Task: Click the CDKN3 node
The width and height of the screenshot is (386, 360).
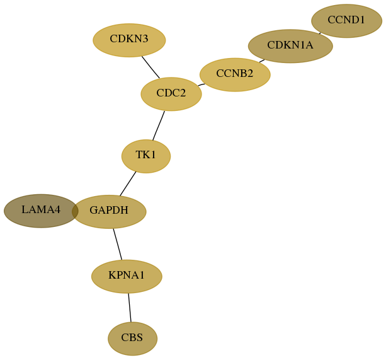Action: point(129,40)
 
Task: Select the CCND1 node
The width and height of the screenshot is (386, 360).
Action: point(346,21)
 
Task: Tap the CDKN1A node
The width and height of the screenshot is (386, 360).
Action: point(290,46)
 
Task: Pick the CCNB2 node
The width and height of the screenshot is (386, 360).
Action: point(235,74)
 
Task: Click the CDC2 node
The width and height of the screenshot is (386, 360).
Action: point(171,94)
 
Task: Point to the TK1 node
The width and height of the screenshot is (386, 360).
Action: point(146,156)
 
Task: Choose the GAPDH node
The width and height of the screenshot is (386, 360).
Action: point(109,212)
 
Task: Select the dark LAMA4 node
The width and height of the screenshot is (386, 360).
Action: point(41,211)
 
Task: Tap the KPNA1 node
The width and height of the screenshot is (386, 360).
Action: point(127,277)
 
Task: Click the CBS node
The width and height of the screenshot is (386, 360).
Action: point(132,339)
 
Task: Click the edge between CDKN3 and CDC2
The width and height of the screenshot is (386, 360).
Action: point(150,67)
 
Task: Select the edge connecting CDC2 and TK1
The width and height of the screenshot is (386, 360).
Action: point(158,125)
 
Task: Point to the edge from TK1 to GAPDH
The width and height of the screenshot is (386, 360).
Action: point(128,184)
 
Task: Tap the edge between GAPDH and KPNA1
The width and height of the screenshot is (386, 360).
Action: point(117,244)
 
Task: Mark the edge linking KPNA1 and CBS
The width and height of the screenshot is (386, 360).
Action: point(130,308)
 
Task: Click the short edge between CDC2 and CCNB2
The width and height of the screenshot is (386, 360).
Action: point(201,84)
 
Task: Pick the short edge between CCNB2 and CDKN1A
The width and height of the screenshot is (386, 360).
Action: point(262,61)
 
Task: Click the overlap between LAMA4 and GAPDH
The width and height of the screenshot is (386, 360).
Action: point(75,211)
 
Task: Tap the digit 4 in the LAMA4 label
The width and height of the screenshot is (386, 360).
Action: point(57,210)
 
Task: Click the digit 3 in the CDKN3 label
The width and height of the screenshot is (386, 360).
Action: point(145,38)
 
